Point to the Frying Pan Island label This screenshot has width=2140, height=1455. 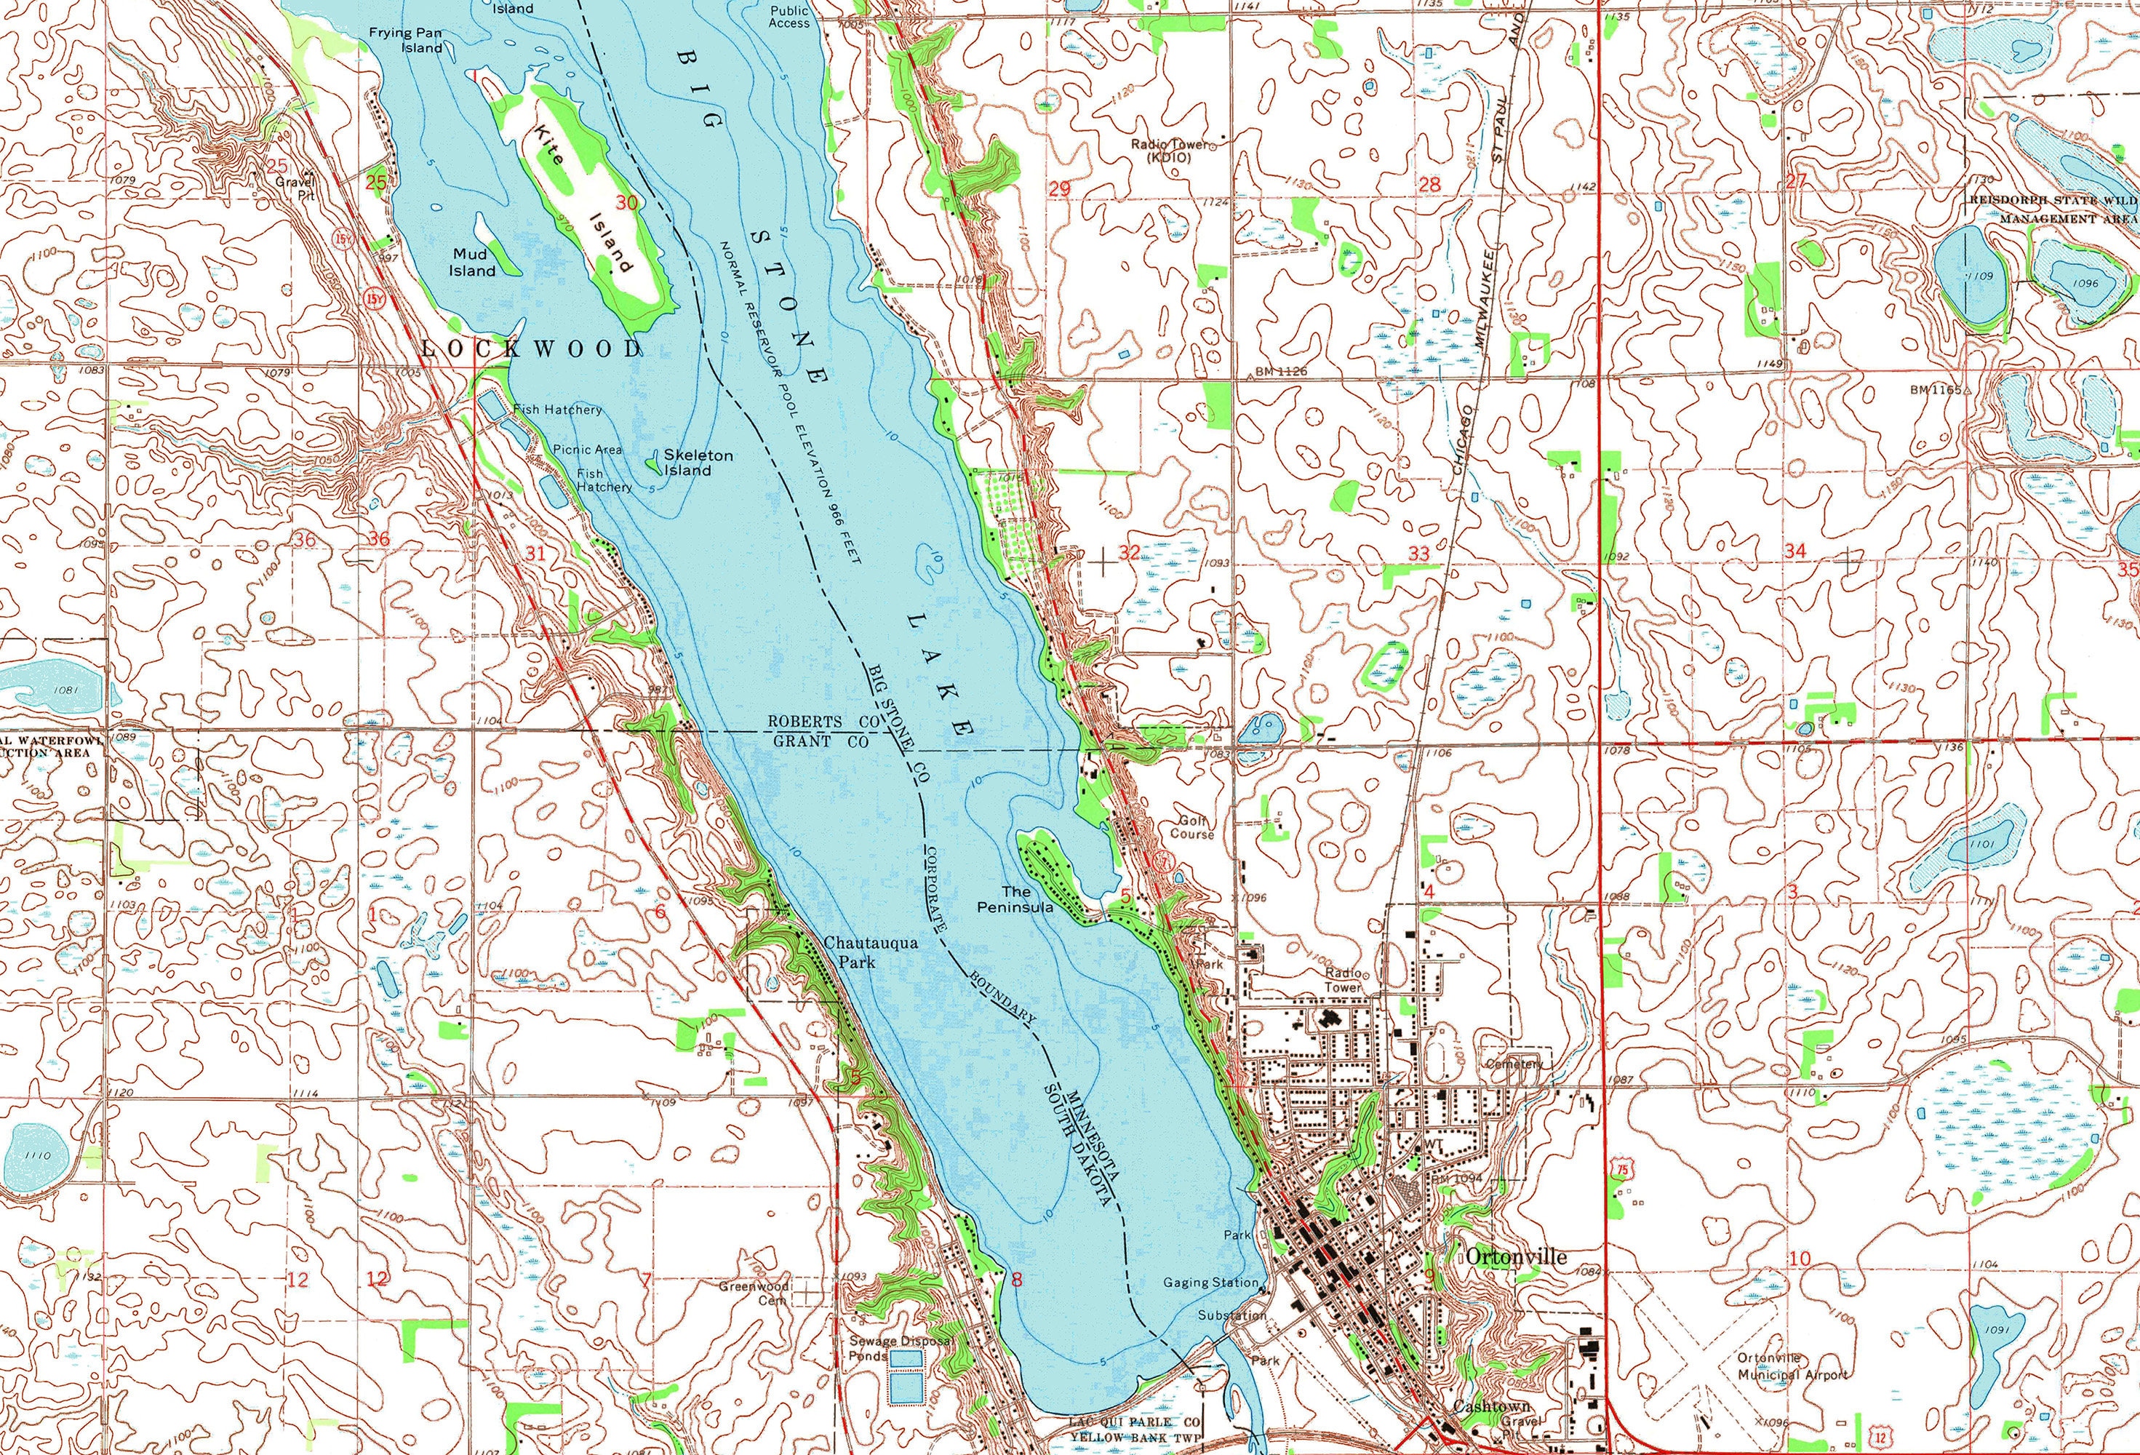coord(406,39)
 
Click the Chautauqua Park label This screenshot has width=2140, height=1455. coord(858,952)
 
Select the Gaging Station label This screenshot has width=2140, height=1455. coord(1210,1282)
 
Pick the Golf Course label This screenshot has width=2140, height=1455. coord(1191,827)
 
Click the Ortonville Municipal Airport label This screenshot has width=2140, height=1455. coord(1792,1366)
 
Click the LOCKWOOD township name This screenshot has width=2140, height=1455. coord(531,348)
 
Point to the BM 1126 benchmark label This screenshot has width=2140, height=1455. coord(1281,372)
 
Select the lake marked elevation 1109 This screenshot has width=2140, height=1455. coord(1970,276)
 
